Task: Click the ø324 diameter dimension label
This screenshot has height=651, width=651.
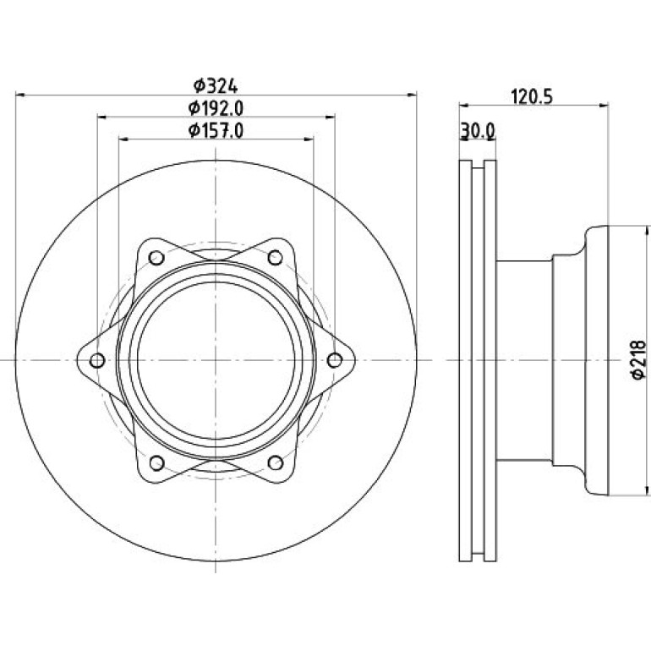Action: point(216,86)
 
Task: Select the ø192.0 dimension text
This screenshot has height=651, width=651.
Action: point(216,108)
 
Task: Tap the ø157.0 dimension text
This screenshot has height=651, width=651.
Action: point(216,131)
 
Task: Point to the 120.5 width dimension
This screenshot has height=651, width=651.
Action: point(532,97)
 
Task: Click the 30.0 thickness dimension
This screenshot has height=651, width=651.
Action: point(478,131)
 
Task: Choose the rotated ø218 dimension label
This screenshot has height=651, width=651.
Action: point(638,359)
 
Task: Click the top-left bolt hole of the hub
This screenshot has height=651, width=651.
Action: point(156,258)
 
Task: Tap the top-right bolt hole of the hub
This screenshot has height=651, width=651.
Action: point(276,258)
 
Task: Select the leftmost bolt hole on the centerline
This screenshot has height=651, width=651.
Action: point(97,360)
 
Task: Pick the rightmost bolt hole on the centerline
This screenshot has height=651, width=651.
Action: point(334,360)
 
